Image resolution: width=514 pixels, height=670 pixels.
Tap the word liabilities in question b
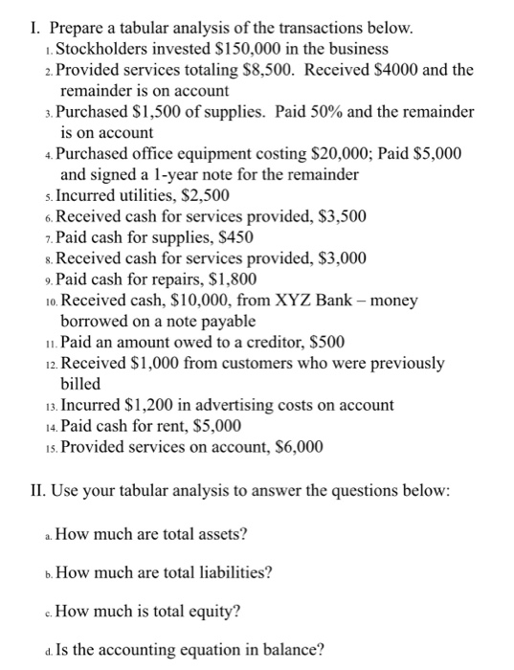point(232,573)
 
